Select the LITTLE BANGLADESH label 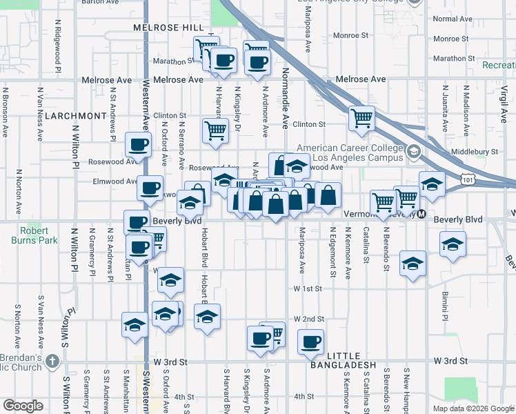click(x=343, y=364)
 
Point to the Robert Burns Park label click(x=34, y=236)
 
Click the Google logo click(x=23, y=406)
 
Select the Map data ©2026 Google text click(x=473, y=408)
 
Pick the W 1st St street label click(x=307, y=288)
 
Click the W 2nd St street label click(x=308, y=319)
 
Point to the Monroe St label click(x=351, y=34)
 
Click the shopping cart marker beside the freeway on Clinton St click(x=361, y=118)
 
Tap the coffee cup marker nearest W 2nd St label click(x=310, y=341)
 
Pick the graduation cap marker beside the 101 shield click(x=432, y=184)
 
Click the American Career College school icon click(x=413, y=150)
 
